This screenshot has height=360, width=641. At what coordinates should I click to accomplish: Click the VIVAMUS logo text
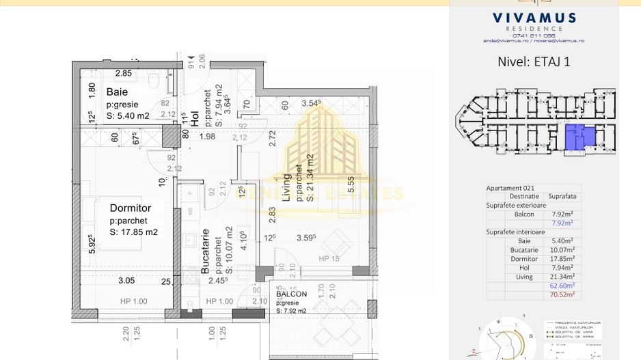coord(534,18)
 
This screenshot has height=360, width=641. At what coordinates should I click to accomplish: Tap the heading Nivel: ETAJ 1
coord(534,61)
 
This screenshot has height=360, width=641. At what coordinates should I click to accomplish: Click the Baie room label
coord(117,92)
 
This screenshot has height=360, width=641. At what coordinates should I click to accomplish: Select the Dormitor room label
coord(131,208)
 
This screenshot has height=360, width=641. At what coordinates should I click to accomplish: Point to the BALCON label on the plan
coord(291,294)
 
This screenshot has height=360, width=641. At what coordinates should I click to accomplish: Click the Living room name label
coord(287,186)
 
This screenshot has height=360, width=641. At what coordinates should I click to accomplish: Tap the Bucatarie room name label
coord(204,251)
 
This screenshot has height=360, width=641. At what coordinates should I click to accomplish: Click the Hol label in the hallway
coord(195,118)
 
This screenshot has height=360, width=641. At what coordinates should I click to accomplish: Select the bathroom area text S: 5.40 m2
coord(128,116)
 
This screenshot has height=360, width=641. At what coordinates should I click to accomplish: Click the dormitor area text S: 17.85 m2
coord(134,232)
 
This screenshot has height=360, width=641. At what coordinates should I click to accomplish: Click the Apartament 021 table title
coord(510,188)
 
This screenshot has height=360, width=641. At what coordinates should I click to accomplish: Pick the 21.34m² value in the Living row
coord(562,277)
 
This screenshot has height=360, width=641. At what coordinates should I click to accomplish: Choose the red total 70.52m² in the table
coord(562,294)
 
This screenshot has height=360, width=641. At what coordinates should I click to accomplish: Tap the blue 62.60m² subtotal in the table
coord(562,286)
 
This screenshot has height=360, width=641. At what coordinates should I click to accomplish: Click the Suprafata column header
coord(562,196)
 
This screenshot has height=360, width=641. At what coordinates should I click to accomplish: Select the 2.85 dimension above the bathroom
coord(123,73)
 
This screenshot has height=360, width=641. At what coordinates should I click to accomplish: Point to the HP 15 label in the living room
coord(329,258)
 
